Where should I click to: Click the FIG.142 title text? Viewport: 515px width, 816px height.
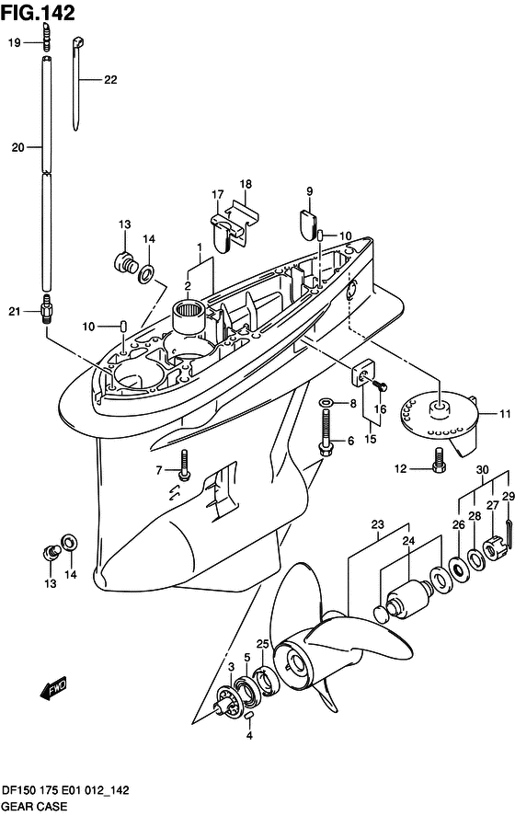pyautogui.click(x=38, y=13)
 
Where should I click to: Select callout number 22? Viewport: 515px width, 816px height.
pyautogui.click(x=110, y=80)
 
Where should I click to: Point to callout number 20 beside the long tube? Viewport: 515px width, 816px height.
pyautogui.click(x=18, y=148)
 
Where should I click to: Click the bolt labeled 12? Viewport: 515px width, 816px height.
pyautogui.click(x=439, y=461)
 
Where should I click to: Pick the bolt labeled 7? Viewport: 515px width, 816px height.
pyautogui.click(x=184, y=464)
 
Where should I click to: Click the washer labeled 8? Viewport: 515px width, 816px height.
pyautogui.click(x=326, y=403)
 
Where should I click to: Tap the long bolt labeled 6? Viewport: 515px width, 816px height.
pyautogui.click(x=326, y=433)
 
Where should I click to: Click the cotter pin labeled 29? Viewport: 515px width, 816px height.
pyautogui.click(x=509, y=534)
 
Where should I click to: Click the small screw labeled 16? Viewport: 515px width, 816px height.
pyautogui.click(x=380, y=386)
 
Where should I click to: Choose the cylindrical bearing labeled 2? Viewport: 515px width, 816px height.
pyautogui.click(x=188, y=317)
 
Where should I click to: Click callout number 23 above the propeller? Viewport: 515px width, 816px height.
pyautogui.click(x=378, y=523)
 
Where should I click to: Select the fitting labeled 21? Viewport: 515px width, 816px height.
pyautogui.click(x=47, y=311)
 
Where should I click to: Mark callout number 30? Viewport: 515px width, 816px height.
pyautogui.click(x=482, y=470)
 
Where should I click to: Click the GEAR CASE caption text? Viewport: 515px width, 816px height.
pyautogui.click(x=35, y=806)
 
